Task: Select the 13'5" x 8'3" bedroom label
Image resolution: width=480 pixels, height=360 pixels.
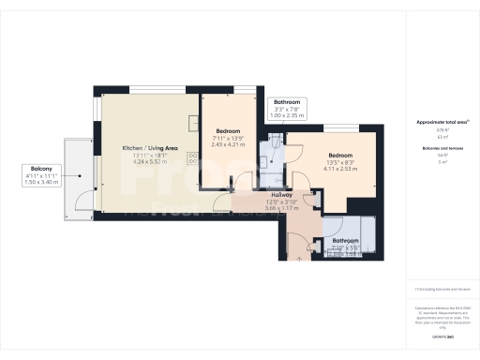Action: (x=339, y=161)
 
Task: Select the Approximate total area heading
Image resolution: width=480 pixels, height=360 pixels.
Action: (x=436, y=122)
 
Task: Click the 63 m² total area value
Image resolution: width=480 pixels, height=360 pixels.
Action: (x=436, y=136)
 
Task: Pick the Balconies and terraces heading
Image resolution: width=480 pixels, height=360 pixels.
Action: (x=436, y=148)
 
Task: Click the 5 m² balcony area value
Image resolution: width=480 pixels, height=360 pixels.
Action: (x=436, y=161)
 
